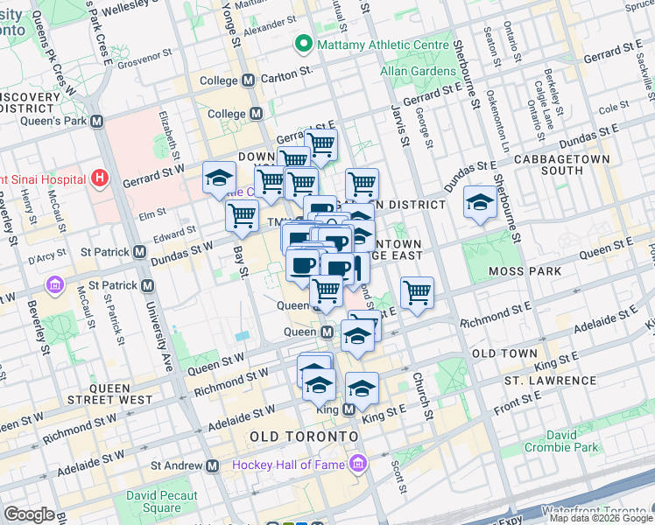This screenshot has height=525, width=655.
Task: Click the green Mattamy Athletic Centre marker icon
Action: pyautogui.click(x=304, y=42)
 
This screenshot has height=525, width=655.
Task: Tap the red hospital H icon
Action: pyautogui.click(x=99, y=178)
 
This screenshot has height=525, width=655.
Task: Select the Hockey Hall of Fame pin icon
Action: pyautogui.click(x=357, y=462)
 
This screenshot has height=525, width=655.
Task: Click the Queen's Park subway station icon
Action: pyautogui.click(x=96, y=121)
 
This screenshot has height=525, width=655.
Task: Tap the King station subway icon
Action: pyautogui.click(x=349, y=409)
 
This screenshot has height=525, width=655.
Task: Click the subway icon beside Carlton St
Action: pyautogui.click(x=249, y=80)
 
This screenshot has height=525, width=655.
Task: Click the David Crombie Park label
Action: pyautogui.click(x=562, y=441)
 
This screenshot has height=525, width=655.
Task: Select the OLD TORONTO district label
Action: pyautogui.click(x=304, y=436)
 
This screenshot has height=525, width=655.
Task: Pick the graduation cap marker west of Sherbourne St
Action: pyautogui.click(x=479, y=203)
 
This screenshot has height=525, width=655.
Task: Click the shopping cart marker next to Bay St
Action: pyautogui.click(x=242, y=214)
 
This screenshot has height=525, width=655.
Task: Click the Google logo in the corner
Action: pyautogui.click(x=29, y=514)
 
